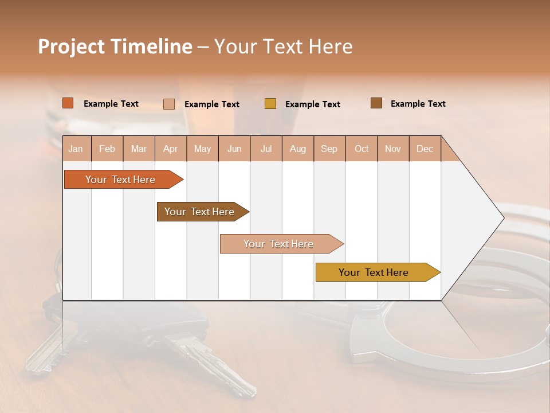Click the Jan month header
click(x=76, y=149)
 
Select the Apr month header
click(x=171, y=149)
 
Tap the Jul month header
click(x=266, y=149)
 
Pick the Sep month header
click(x=329, y=149)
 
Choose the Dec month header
click(x=425, y=149)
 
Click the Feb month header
click(x=107, y=149)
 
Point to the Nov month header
click(x=393, y=149)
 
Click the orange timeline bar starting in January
click(x=121, y=180)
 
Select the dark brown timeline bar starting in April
click(x=200, y=212)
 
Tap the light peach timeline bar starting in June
click(x=279, y=244)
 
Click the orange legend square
click(x=68, y=103)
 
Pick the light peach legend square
click(x=169, y=104)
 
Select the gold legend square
click(x=270, y=104)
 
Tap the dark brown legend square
click(x=376, y=103)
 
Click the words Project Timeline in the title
click(x=115, y=46)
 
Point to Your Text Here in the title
click(x=284, y=46)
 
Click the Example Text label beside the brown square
click(x=418, y=104)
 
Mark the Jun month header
click(x=234, y=149)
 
